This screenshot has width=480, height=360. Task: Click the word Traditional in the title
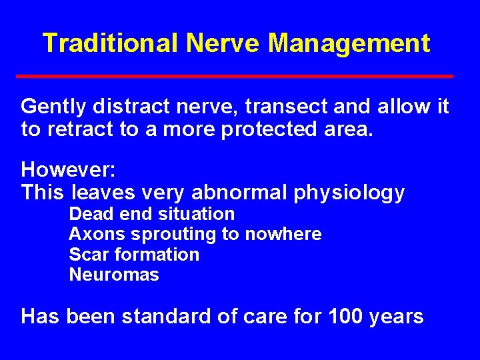click(x=111, y=44)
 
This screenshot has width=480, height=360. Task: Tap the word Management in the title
click(x=349, y=44)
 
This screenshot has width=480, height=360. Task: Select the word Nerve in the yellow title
click(x=226, y=44)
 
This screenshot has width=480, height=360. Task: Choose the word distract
click(x=128, y=106)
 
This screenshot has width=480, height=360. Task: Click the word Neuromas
click(x=114, y=274)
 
